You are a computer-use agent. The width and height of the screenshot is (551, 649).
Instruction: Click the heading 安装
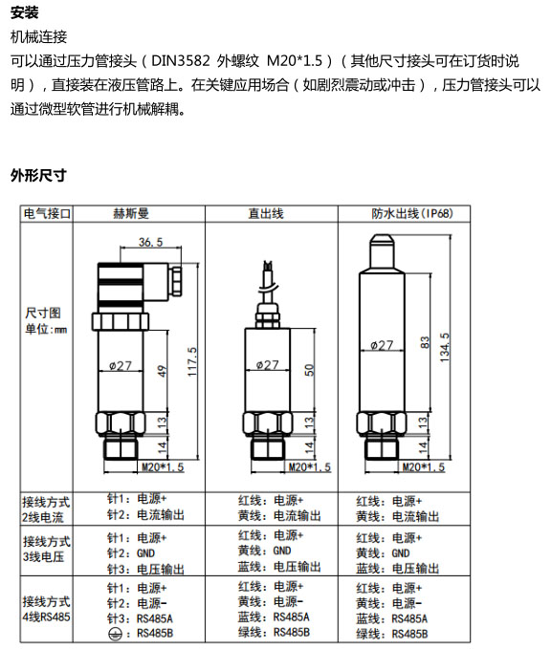pyautogui.click(x=25, y=12)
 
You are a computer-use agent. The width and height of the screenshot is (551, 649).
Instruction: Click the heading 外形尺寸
pyautogui.click(x=38, y=175)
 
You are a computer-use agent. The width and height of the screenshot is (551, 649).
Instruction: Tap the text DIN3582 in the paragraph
pyautogui.click(x=180, y=61)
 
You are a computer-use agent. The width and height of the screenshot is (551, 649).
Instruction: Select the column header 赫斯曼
pyautogui.click(x=130, y=213)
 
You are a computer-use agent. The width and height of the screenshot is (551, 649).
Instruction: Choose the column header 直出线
pyautogui.click(x=266, y=213)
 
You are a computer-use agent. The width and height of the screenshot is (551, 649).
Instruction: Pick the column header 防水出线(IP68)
pyautogui.click(x=412, y=213)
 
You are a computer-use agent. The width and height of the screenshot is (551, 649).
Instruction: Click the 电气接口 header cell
pyautogui.click(x=47, y=213)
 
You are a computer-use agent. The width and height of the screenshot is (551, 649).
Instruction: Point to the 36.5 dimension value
pyautogui.click(x=151, y=242)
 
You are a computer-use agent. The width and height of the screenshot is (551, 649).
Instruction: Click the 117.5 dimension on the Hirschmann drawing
pyautogui.click(x=192, y=361)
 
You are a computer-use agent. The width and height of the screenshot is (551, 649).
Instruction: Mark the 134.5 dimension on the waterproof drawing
pyautogui.click(x=445, y=348)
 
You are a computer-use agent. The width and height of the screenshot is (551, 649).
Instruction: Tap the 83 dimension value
pyautogui.click(x=425, y=342)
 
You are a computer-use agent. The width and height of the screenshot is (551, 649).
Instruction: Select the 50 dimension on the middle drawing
pyautogui.click(x=310, y=370)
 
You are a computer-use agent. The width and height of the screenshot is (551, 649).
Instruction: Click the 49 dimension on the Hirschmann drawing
pyautogui.click(x=163, y=371)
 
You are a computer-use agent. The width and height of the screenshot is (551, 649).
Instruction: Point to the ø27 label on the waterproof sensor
pyautogui.click(x=382, y=345)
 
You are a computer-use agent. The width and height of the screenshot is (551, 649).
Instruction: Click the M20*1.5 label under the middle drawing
pyautogui.click(x=310, y=467)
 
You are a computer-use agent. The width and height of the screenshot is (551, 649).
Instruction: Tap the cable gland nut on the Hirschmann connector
pyautogui.click(x=176, y=281)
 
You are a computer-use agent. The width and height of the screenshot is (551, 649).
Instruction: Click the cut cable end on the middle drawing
pyautogui.click(x=268, y=266)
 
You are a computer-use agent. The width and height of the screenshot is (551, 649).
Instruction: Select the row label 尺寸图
pyautogui.click(x=43, y=313)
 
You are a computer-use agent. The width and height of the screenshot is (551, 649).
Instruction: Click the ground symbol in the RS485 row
pyautogui.click(x=115, y=634)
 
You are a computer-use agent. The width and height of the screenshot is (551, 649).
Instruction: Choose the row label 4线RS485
pyautogui.click(x=47, y=617)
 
